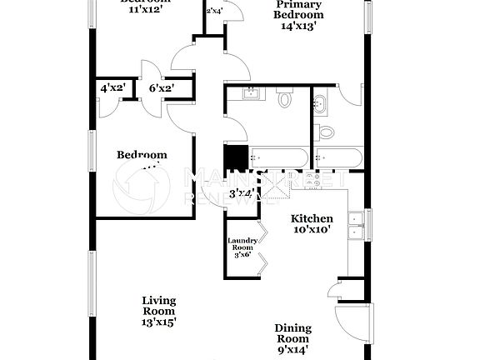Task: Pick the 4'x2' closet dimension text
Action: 112,87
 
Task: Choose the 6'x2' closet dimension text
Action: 162,87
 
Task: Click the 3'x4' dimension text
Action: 242,194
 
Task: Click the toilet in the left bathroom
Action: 285,99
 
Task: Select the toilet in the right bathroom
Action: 326,130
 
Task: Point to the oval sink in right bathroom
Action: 321,103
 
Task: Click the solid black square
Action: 237,157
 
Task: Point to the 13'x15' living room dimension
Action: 158,321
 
